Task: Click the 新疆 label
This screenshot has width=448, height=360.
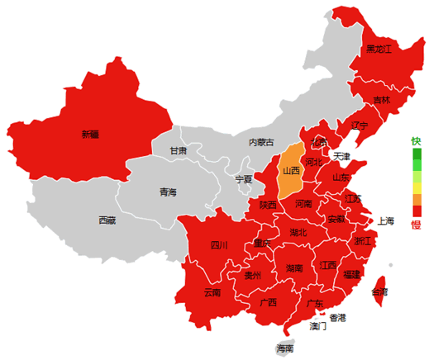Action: pyautogui.click(x=89, y=134)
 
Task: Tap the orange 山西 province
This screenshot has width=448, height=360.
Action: pyautogui.click(x=291, y=172)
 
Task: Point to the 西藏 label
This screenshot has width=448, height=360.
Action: pyautogui.click(x=107, y=220)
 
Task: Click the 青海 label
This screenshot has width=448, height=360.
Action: pyautogui.click(x=168, y=192)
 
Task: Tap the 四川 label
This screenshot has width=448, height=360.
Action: pyautogui.click(x=219, y=244)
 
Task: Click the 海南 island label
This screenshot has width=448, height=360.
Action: pyautogui.click(x=284, y=348)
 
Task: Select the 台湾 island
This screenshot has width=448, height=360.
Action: pyautogui.click(x=379, y=291)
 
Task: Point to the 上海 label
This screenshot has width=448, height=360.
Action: pyautogui.click(x=386, y=220)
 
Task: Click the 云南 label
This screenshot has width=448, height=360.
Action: pyautogui.click(x=212, y=292)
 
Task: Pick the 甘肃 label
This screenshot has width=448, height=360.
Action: pyautogui.click(x=179, y=151)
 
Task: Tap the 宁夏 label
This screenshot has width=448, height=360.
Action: pyautogui.click(x=244, y=178)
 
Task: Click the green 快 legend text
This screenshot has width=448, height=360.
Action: pyautogui.click(x=417, y=141)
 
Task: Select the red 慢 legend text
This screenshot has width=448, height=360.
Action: pyautogui.click(x=417, y=224)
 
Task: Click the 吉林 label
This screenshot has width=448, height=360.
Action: pyautogui.click(x=381, y=100)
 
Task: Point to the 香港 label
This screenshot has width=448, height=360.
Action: pyautogui.click(x=338, y=317)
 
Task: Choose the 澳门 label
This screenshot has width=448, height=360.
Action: pyautogui.click(x=318, y=326)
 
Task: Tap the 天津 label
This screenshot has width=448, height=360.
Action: pyautogui.click(x=342, y=156)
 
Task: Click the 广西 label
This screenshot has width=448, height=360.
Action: pyautogui.click(x=268, y=302)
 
